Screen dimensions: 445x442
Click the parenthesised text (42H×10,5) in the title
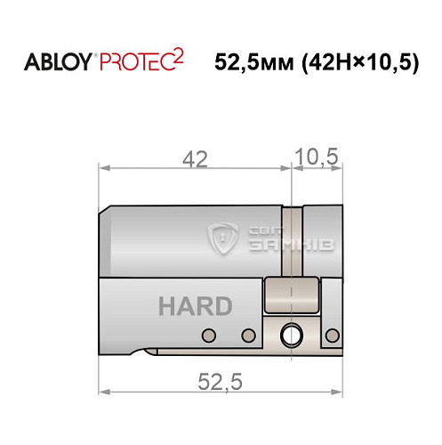pos(358,63)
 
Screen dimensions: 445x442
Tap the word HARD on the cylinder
pos(195,307)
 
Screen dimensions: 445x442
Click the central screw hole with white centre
pos(290,336)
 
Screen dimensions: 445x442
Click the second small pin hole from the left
pos(249,336)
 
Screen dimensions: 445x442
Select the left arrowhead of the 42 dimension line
pos(103,168)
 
